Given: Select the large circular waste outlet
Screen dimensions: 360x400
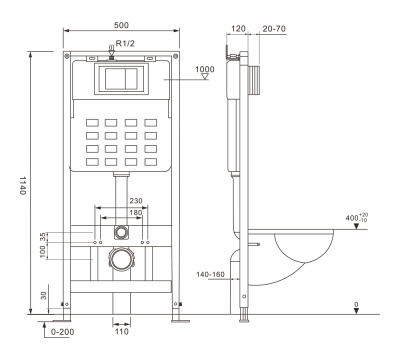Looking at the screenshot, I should pyautogui.click(x=122, y=261).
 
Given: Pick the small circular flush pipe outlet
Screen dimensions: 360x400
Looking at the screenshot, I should pyautogui.click(x=122, y=231).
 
